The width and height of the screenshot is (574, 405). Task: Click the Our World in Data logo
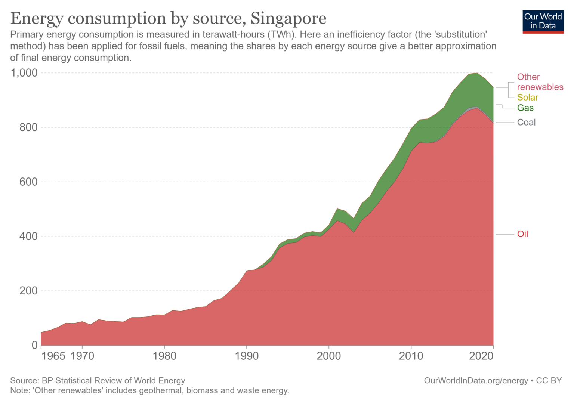(x=543, y=22)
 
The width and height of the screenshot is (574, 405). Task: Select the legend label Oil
(x=522, y=234)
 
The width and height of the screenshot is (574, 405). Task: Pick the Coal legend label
(x=526, y=123)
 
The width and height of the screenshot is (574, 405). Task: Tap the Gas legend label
(x=525, y=108)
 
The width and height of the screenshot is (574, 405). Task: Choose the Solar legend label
(x=527, y=98)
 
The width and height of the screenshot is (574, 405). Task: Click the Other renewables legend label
(x=540, y=82)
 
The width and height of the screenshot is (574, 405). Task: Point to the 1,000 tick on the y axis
(x=24, y=73)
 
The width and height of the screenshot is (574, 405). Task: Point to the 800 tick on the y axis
(x=28, y=127)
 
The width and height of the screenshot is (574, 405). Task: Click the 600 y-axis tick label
(x=28, y=182)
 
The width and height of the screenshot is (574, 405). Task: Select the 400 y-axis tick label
(x=28, y=236)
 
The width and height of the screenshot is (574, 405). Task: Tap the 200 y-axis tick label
(x=28, y=291)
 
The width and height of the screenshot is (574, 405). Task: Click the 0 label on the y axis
(x=34, y=345)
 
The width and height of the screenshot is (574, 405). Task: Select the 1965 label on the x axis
(x=53, y=356)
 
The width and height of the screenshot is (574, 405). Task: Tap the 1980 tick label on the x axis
(x=164, y=356)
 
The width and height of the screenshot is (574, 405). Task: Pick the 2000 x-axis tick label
(x=329, y=356)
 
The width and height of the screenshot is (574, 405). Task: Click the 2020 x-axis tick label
(x=481, y=356)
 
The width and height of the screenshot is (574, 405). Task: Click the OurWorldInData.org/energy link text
(x=476, y=381)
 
